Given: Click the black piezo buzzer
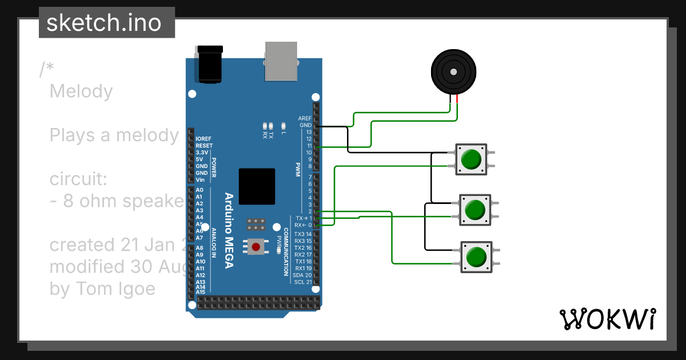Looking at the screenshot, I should coord(453,72).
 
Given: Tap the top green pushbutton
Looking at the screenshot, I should coord(471,159).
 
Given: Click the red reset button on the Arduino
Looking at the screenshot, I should coord(256,247).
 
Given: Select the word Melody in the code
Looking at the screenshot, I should coord(81,91).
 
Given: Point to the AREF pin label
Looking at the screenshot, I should coord(305,118).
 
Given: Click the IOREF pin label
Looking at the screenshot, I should coord(204,139).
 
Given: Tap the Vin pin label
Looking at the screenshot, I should coord(200,180).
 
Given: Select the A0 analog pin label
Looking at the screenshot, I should coord(199,190).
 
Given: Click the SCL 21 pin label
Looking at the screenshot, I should coord(302,282).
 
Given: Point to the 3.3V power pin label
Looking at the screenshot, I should coord(202,153).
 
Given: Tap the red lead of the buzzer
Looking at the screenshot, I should coord(457,101).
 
